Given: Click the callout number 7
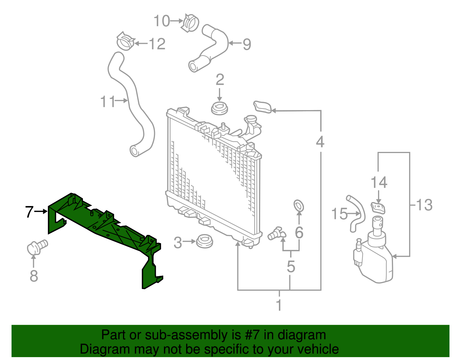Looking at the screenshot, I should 29,212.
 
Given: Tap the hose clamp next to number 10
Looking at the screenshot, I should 190,22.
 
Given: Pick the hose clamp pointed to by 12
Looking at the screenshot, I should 125,41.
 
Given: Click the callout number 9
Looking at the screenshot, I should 247,44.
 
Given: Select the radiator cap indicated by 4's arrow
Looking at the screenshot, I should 262,107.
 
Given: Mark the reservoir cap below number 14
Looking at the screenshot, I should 378,208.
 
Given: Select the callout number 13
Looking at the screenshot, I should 424,205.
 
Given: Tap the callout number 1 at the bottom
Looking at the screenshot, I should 279,305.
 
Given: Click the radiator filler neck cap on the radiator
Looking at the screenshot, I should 250,119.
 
